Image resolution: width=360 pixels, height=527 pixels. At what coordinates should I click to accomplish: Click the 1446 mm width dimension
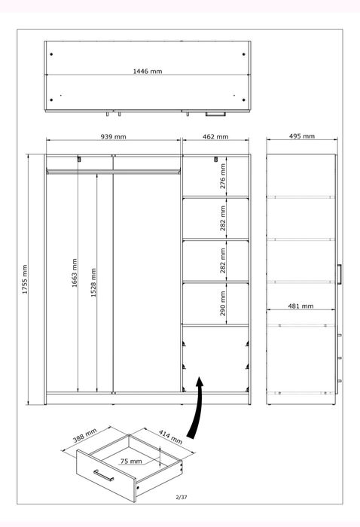click(x=148, y=72)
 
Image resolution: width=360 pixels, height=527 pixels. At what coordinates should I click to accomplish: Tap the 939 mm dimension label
click(x=114, y=137)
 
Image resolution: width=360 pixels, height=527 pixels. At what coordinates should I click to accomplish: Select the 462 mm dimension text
click(x=215, y=137)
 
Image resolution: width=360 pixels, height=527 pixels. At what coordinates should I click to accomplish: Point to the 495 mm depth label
click(x=301, y=137)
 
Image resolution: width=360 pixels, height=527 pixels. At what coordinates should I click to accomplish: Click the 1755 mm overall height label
click(x=25, y=279)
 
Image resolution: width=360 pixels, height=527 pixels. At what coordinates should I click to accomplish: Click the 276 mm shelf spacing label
click(x=224, y=178)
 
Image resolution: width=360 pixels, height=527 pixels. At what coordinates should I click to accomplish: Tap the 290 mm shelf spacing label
click(x=224, y=304)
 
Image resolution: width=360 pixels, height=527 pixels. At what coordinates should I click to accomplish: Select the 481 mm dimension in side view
click(x=301, y=306)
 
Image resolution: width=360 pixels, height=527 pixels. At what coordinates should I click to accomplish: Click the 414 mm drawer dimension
click(x=170, y=436)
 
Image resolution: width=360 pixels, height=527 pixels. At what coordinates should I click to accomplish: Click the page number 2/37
click(x=180, y=497)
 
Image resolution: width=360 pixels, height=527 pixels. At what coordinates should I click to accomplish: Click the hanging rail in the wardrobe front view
click(x=113, y=172)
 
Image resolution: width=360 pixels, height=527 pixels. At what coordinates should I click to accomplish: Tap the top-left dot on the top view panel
click(x=52, y=53)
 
